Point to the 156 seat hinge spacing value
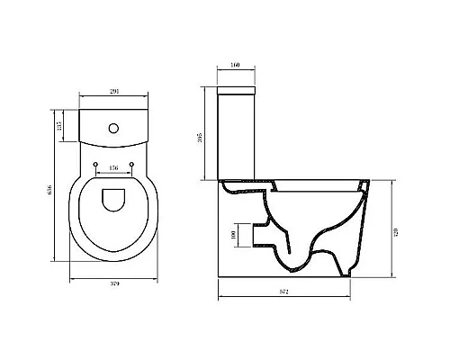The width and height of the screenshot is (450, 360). (x=113, y=168)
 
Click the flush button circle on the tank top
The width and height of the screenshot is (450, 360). (x=112, y=128)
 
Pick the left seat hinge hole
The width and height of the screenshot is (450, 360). (x=95, y=163)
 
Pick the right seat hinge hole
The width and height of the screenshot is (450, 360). (x=131, y=163)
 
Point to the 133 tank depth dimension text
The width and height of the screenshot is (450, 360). (x=59, y=126)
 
